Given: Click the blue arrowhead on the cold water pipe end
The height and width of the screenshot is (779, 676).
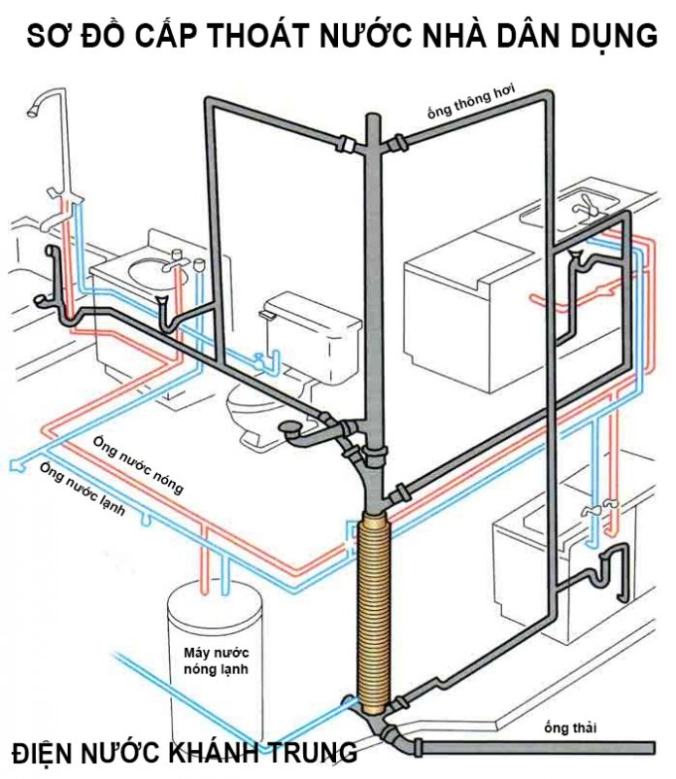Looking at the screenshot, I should click(x=11, y=467).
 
